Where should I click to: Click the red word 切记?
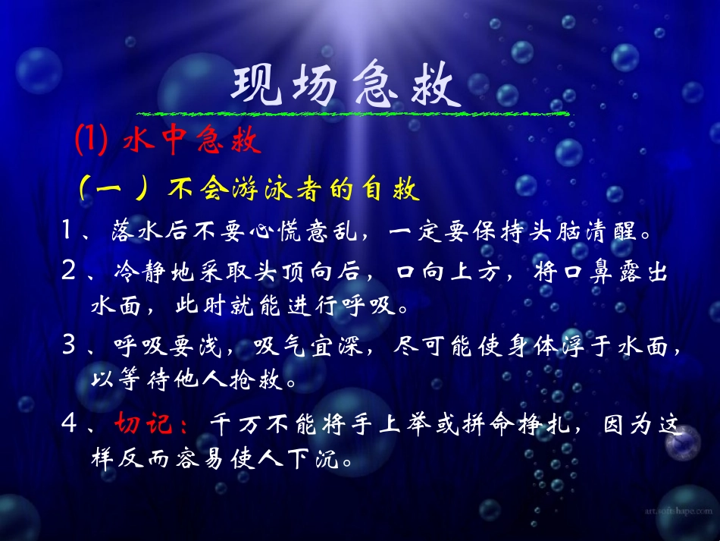[145, 422]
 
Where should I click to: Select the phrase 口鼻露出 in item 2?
[625, 272]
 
